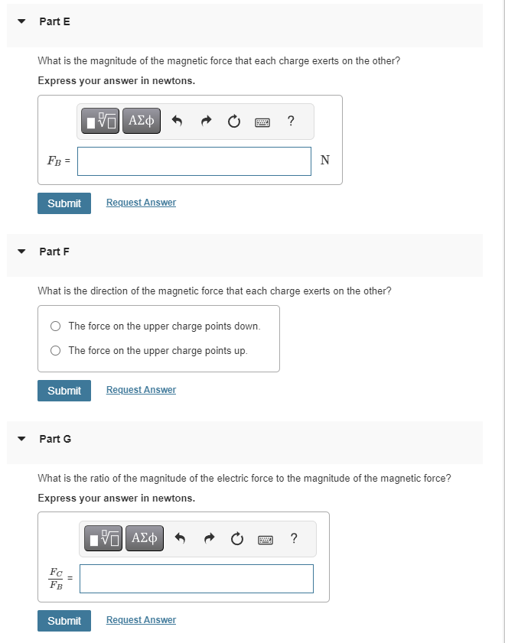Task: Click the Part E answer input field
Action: pos(194,161)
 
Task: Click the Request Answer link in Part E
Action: pos(141,203)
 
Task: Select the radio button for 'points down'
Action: pos(56,326)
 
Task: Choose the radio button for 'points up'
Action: pos(56,351)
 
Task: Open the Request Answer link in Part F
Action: pos(141,390)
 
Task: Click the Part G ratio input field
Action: pos(196,579)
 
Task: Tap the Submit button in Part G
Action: pos(64,621)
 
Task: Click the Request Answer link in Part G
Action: pos(141,620)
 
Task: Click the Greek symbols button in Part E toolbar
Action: pos(142,121)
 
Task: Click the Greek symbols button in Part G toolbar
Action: pos(144,538)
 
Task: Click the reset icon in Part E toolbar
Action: pos(234,121)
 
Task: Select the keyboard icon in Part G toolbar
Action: pos(266,539)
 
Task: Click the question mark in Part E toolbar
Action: pos(291,120)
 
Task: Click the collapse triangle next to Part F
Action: pos(22,252)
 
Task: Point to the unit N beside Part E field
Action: pos(325,161)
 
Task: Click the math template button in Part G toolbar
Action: pos(103,538)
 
